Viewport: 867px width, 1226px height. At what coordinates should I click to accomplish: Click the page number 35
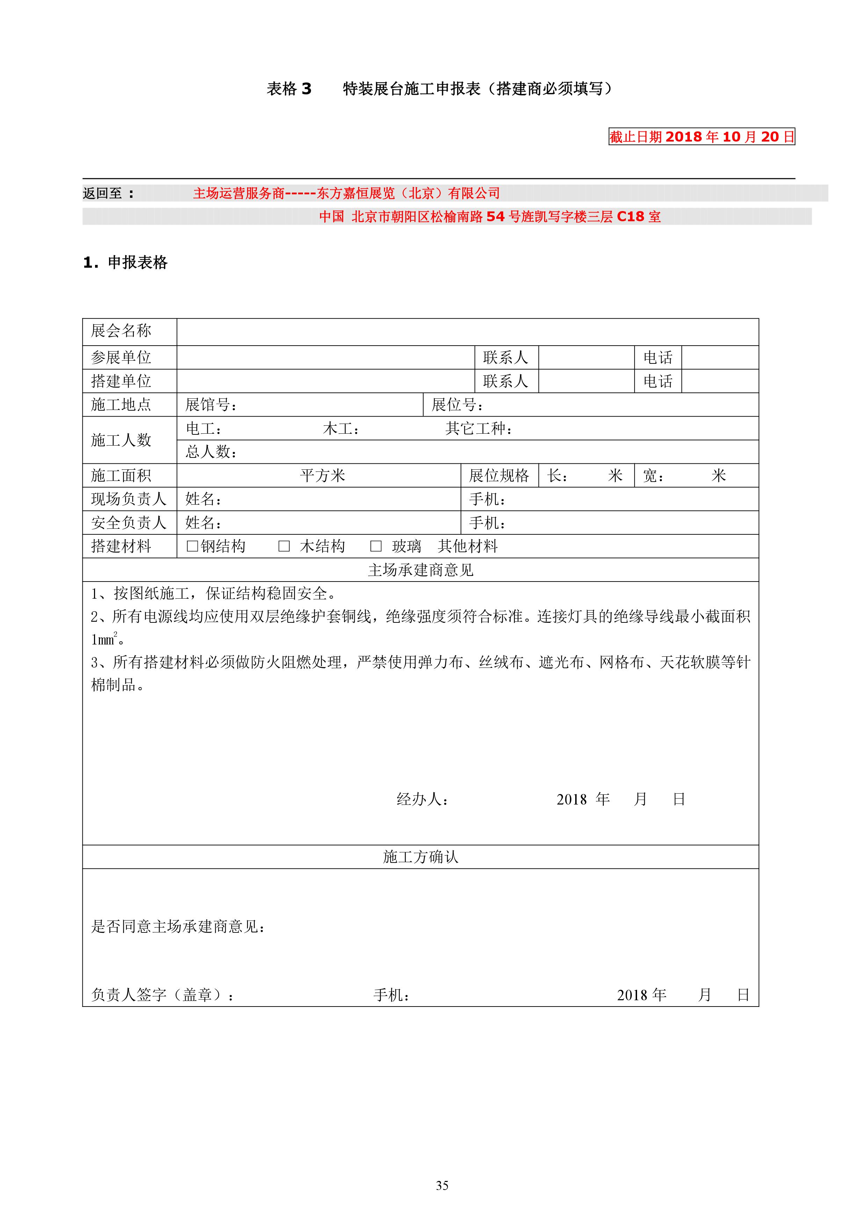[442, 1186]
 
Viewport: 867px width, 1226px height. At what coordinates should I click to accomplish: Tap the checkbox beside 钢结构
[192, 546]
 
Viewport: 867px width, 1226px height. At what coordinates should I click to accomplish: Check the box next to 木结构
[284, 546]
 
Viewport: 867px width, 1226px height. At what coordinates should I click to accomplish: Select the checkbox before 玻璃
[376, 546]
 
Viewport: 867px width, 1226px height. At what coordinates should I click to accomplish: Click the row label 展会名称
[121, 331]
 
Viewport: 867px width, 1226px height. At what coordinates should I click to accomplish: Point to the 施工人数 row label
[121, 440]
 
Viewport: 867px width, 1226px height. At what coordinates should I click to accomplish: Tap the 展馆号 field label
[210, 405]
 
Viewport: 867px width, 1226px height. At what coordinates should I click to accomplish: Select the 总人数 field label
[210, 452]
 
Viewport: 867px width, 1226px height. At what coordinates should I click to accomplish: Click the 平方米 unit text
[323, 475]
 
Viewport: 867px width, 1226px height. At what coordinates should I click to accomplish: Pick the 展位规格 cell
[499, 475]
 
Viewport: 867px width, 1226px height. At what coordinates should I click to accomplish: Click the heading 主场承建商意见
[421, 570]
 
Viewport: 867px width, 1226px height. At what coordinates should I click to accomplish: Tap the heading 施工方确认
[421, 857]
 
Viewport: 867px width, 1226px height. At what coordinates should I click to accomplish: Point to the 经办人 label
[422, 799]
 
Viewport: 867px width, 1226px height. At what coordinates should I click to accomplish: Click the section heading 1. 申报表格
[125, 262]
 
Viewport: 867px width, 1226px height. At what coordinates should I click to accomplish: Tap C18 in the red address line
[630, 217]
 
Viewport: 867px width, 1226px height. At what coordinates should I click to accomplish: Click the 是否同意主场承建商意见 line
[178, 926]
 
